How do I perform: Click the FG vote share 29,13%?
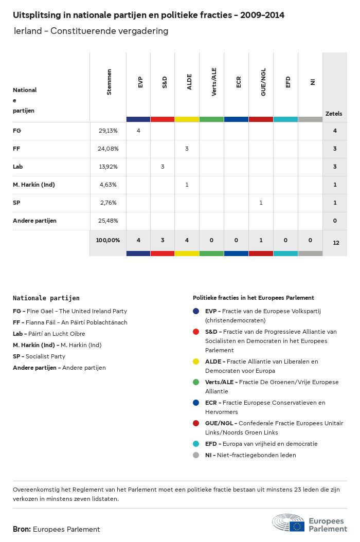108,131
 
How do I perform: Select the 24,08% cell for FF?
108,149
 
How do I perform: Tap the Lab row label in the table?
18,167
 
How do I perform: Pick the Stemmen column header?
109,82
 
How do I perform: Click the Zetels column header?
334,114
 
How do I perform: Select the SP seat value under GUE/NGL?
261,203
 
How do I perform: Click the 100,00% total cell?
108,240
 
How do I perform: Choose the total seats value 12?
336,242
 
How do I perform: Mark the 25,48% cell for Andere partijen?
108,221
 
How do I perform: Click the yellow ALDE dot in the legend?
196,362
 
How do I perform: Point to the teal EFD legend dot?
196,444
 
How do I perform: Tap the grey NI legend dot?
196,455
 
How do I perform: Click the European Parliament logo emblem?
289,522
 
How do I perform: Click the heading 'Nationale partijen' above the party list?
46,298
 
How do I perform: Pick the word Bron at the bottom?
22,529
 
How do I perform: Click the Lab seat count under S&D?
163,167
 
